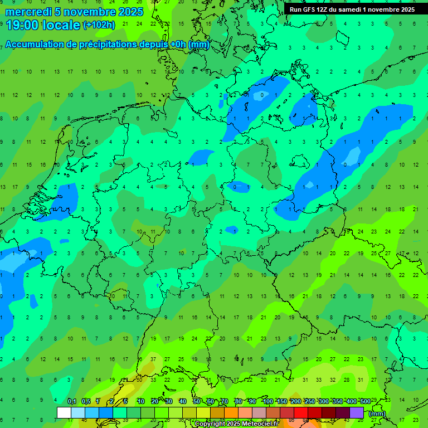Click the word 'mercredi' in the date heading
pos(28,12)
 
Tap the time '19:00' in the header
pos(23,25)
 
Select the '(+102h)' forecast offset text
pos(99,25)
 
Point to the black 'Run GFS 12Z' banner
pos(352,9)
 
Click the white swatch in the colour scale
pos(64,412)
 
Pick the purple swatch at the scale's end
pos(357,412)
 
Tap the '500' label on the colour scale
pos(365,401)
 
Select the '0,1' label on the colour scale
pos(72,401)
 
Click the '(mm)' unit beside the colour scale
pos(377,413)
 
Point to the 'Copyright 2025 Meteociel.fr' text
pos(244,424)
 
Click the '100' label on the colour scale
pos(267,401)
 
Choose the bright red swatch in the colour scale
pos(301,412)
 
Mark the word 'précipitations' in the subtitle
pos(107,45)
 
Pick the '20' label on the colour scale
pos(154,401)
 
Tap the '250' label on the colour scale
pos(309,401)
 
